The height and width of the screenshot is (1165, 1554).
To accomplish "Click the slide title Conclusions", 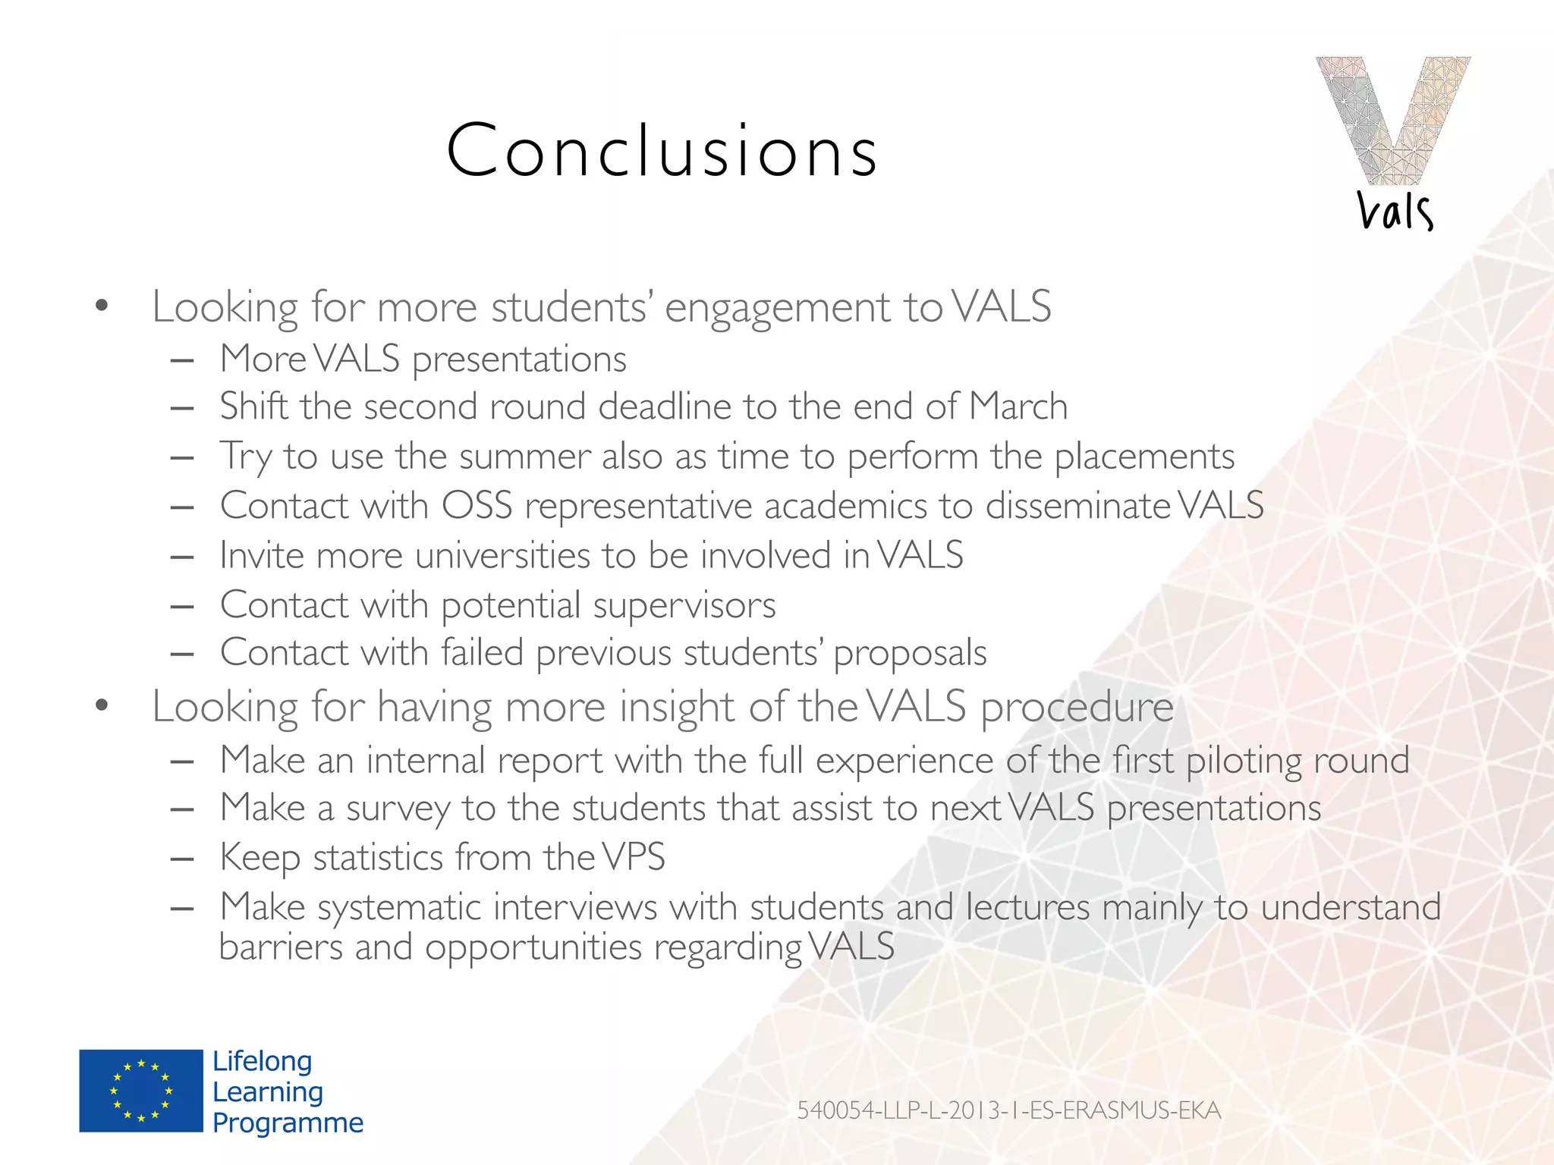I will tap(662, 151).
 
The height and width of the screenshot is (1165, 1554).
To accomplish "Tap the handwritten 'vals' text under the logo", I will tap(1395, 212).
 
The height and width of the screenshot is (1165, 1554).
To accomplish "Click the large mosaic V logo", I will tap(1393, 120).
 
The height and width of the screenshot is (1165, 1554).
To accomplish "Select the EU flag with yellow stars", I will tap(141, 1091).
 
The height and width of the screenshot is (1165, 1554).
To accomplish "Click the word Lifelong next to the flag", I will tap(262, 1061).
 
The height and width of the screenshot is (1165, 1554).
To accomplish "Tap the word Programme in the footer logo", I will tap(288, 1123).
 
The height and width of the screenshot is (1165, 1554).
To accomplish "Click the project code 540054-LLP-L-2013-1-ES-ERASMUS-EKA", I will tap(1008, 1110).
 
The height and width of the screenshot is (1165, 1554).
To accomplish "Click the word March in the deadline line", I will tap(1018, 407).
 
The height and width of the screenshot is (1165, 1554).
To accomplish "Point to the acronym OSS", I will tap(477, 506).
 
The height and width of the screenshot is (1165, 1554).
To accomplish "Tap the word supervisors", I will tap(684, 605).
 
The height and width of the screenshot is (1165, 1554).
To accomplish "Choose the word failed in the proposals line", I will tap(483, 652).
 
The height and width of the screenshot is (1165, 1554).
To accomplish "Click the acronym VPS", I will tap(634, 858).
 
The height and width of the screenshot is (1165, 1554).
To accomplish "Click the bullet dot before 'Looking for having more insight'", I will tap(102, 706).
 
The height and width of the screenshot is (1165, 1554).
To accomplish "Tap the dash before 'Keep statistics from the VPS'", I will tap(182, 859).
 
